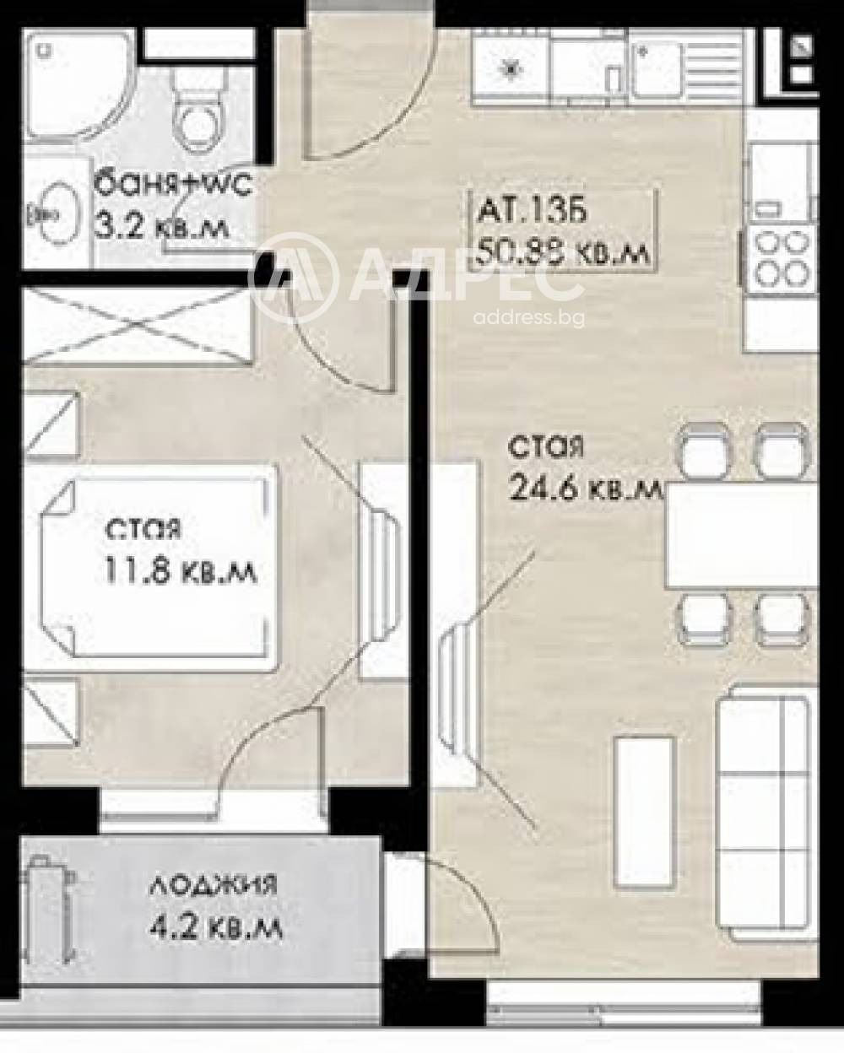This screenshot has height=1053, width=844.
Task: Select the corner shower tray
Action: [73, 84]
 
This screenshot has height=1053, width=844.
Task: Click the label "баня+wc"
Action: [173, 183]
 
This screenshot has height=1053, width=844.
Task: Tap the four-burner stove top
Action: [782, 257]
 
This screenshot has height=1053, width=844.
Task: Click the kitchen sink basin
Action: [658, 67]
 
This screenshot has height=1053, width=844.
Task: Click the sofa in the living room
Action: [764, 814]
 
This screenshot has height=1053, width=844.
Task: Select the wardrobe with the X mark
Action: [135, 325]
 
